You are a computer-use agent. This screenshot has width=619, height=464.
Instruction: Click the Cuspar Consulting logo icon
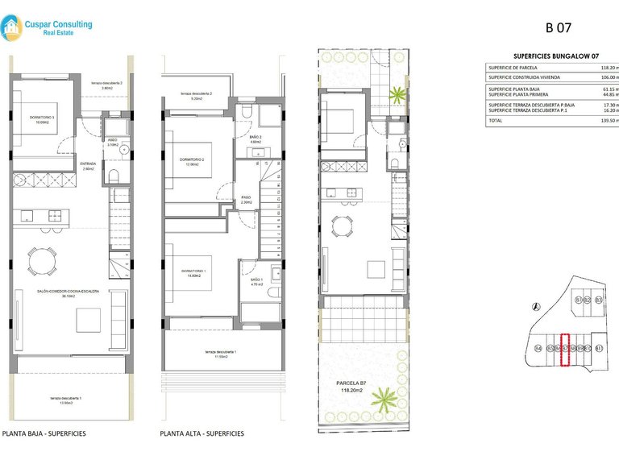pyautogui.click(x=13, y=29)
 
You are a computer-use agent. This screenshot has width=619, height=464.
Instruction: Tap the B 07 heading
pyautogui.click(x=559, y=27)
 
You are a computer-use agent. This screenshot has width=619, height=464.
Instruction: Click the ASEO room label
pyautogui.click(x=112, y=139)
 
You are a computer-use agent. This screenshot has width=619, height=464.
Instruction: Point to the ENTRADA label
pyautogui.click(x=89, y=164)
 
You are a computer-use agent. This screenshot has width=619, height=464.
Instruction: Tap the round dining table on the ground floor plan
pyautogui.click(x=42, y=259)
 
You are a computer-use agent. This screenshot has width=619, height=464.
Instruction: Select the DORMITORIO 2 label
pyautogui.click(x=192, y=159)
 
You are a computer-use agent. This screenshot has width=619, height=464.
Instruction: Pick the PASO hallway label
pyautogui.click(x=247, y=197)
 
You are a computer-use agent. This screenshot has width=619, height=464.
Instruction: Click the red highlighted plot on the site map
pyautogui.click(x=565, y=350)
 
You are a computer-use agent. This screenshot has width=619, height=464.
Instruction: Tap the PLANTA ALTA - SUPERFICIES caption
pyautogui.click(x=202, y=433)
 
